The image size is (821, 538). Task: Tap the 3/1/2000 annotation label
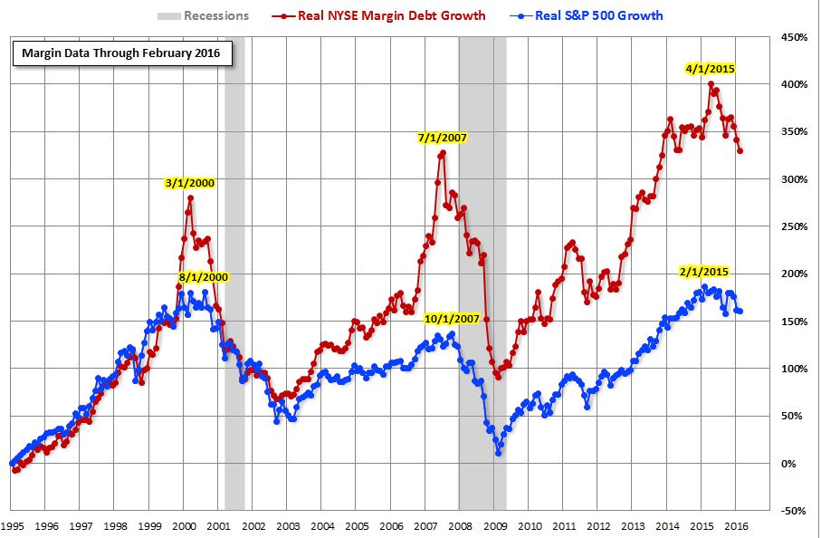point(190,183)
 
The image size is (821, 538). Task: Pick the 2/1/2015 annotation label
point(703,272)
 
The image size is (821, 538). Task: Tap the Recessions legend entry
point(205,15)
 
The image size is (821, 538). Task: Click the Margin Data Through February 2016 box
point(122,54)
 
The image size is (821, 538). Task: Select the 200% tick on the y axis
point(790,274)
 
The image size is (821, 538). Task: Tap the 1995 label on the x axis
point(13,525)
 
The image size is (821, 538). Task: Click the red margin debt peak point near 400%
point(711,84)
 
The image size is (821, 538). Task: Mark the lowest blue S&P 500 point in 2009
point(499,453)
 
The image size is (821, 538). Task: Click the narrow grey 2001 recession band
point(234,272)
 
